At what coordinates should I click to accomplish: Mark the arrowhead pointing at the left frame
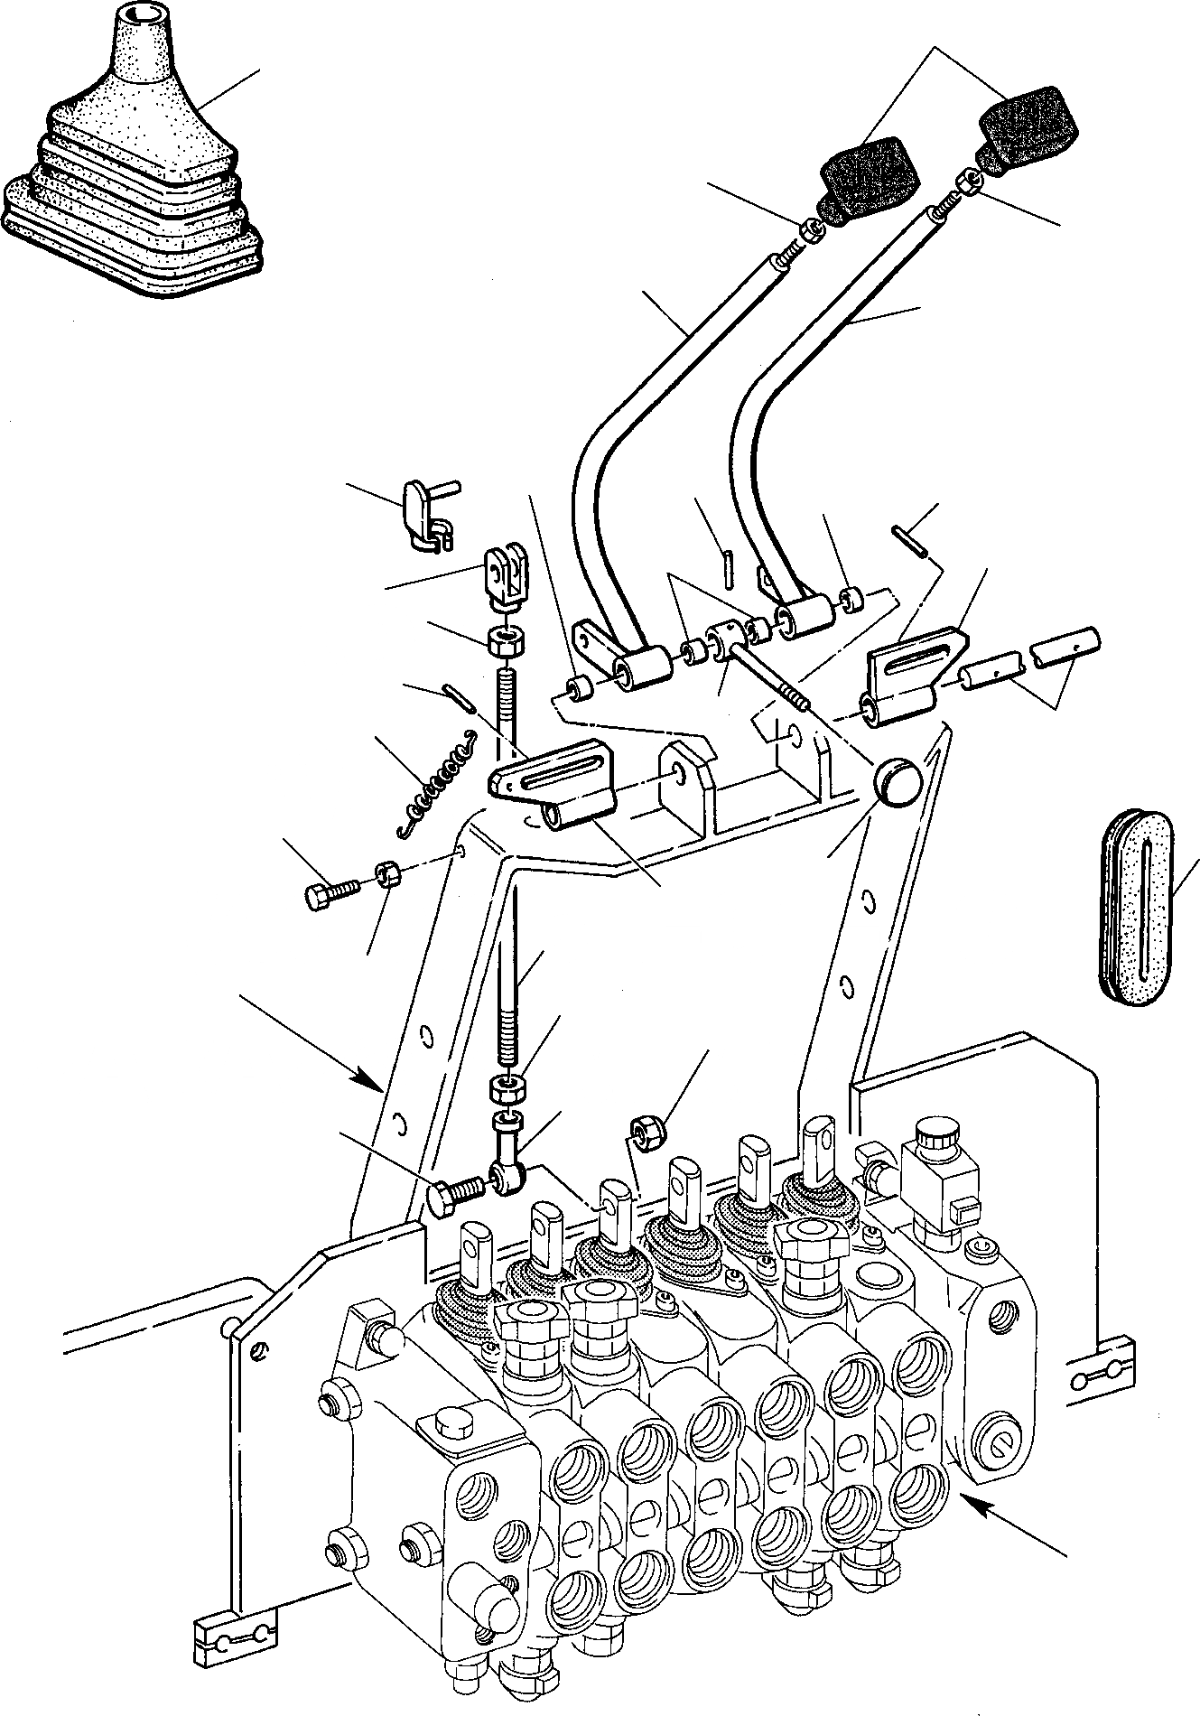[x=369, y=1078]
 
